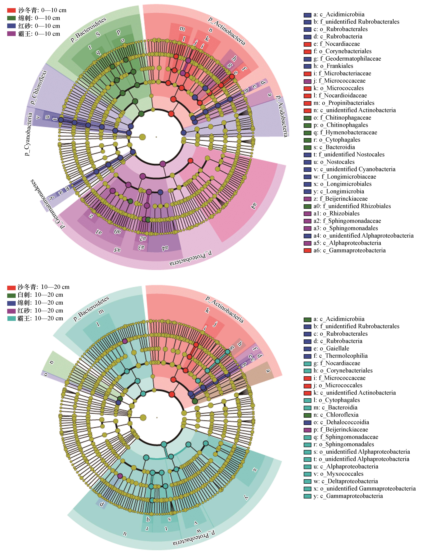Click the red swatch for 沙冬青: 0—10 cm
tap(11, 10)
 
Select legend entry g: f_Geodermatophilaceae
tap(342, 59)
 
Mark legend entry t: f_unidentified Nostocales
tap(344, 154)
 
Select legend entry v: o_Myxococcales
tap(334, 474)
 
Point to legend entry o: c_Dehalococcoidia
tap(336, 422)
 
